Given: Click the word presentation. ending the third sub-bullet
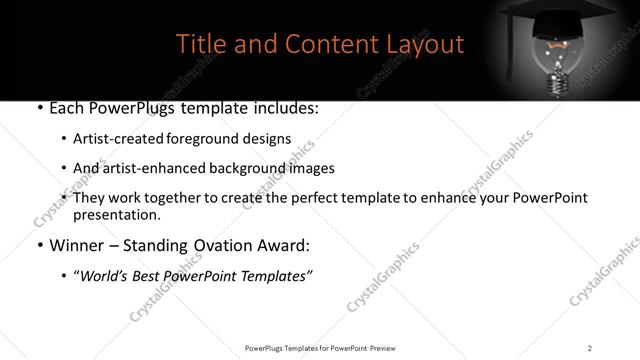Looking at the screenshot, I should [x=116, y=215].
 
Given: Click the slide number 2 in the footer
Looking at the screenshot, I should [x=590, y=347].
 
